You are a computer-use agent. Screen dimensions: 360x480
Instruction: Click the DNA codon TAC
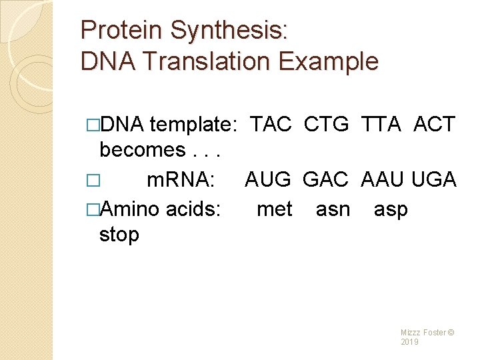tap(271, 124)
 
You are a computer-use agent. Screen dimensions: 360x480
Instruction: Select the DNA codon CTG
tap(326, 124)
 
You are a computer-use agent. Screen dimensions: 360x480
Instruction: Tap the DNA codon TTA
tap(381, 124)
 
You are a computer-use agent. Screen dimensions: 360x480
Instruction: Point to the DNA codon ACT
tap(434, 124)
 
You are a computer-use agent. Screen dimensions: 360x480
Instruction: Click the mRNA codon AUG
tap(268, 179)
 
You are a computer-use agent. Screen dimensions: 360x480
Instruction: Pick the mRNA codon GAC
tap(325, 179)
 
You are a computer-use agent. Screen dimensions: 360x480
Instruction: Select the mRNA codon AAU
tap(383, 179)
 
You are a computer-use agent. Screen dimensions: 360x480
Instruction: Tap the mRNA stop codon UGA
tap(434, 179)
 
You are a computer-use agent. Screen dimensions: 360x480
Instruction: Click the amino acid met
tap(274, 209)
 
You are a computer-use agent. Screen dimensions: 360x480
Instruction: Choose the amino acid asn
tap(333, 209)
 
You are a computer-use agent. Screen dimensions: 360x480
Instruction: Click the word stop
tap(119, 235)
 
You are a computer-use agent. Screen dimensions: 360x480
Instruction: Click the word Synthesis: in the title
tap(229, 31)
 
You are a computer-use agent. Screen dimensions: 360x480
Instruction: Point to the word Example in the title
tap(329, 62)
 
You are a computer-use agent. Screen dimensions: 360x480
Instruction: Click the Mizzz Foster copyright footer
tap(427, 337)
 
